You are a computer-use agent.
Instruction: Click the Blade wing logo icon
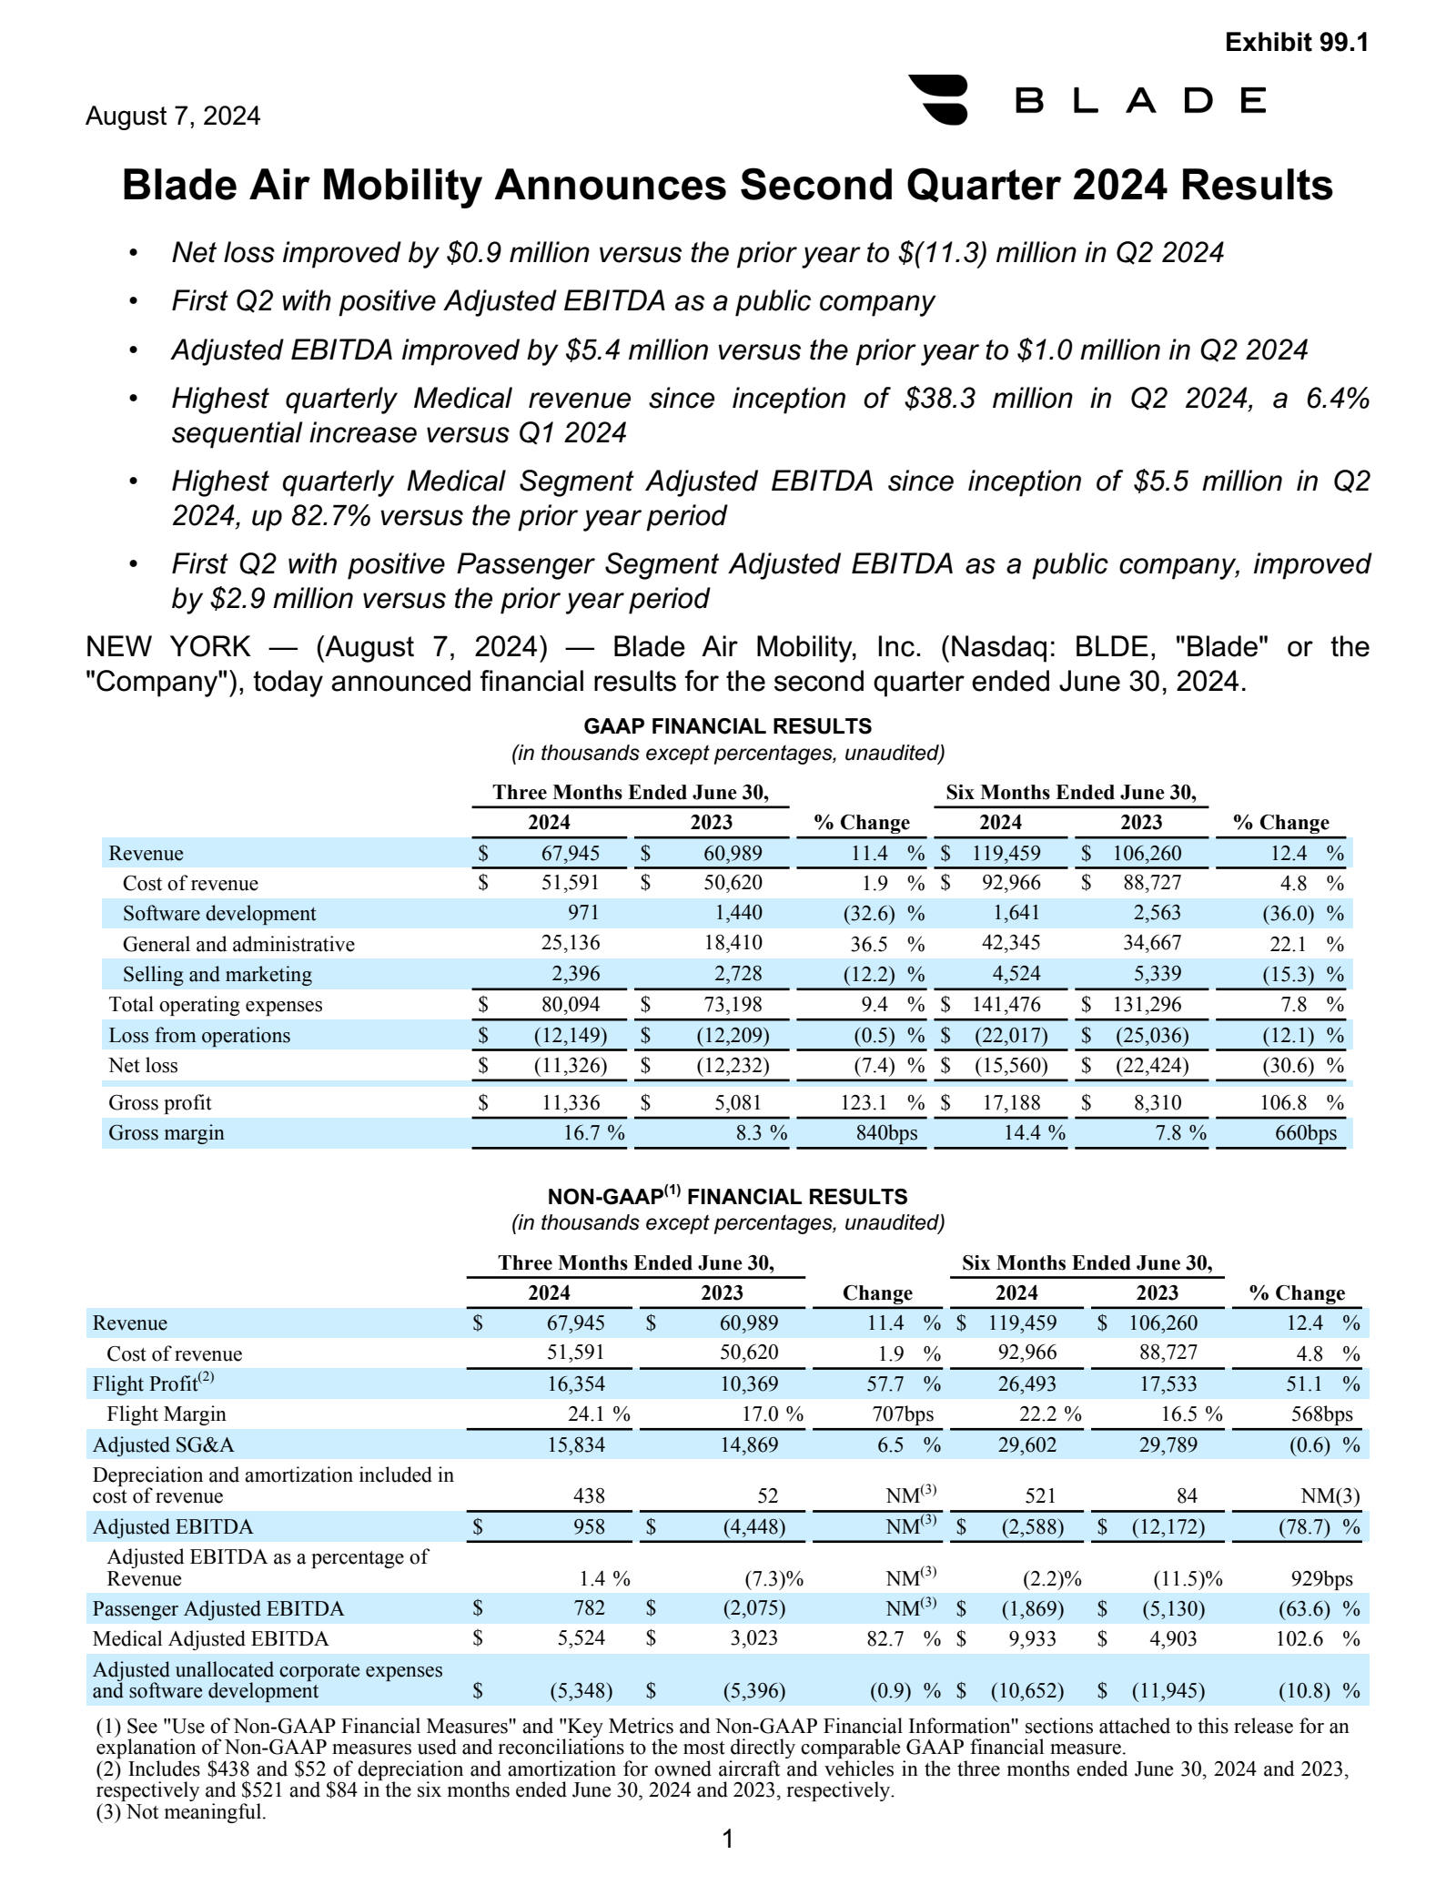[938, 99]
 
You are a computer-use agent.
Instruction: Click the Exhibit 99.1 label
[1296, 43]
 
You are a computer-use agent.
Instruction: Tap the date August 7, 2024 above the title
[173, 117]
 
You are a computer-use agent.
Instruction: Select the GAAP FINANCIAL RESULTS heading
[727, 726]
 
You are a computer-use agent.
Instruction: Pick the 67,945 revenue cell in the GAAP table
[571, 853]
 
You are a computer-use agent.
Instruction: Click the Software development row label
[219, 914]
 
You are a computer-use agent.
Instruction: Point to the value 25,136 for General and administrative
[571, 944]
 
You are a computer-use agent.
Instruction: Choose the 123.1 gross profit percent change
[863, 1103]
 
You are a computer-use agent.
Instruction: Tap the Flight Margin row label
[167, 1414]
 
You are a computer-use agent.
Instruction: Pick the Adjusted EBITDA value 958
[589, 1526]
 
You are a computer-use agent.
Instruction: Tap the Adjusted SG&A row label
[157, 1444]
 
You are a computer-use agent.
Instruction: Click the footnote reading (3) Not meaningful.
[181, 1811]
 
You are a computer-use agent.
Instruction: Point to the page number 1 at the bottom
[727, 1839]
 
